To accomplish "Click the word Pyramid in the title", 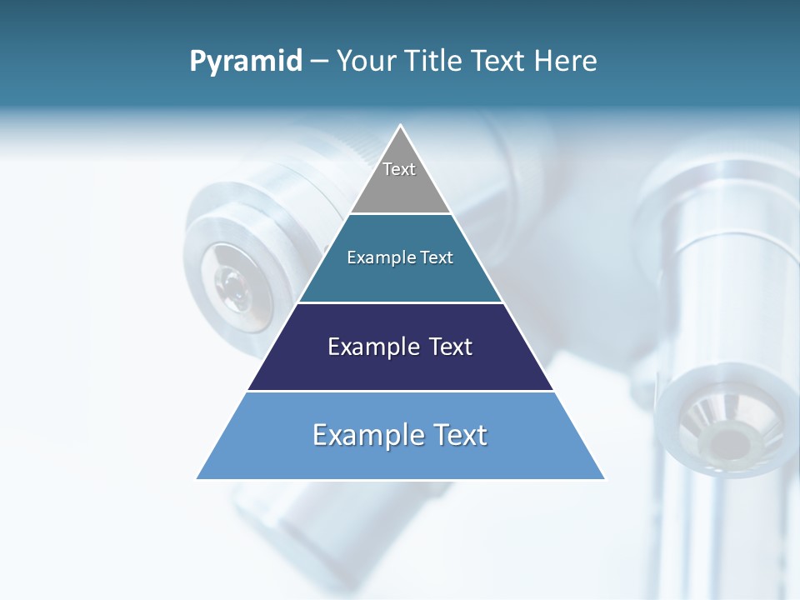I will click(246, 62).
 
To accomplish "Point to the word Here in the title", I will click(566, 61).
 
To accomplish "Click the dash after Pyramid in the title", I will click(318, 62).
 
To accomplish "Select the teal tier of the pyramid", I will click(400, 279).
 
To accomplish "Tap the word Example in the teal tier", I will click(376, 258).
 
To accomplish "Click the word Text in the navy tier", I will click(447, 347).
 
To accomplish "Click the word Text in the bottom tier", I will click(461, 435).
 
